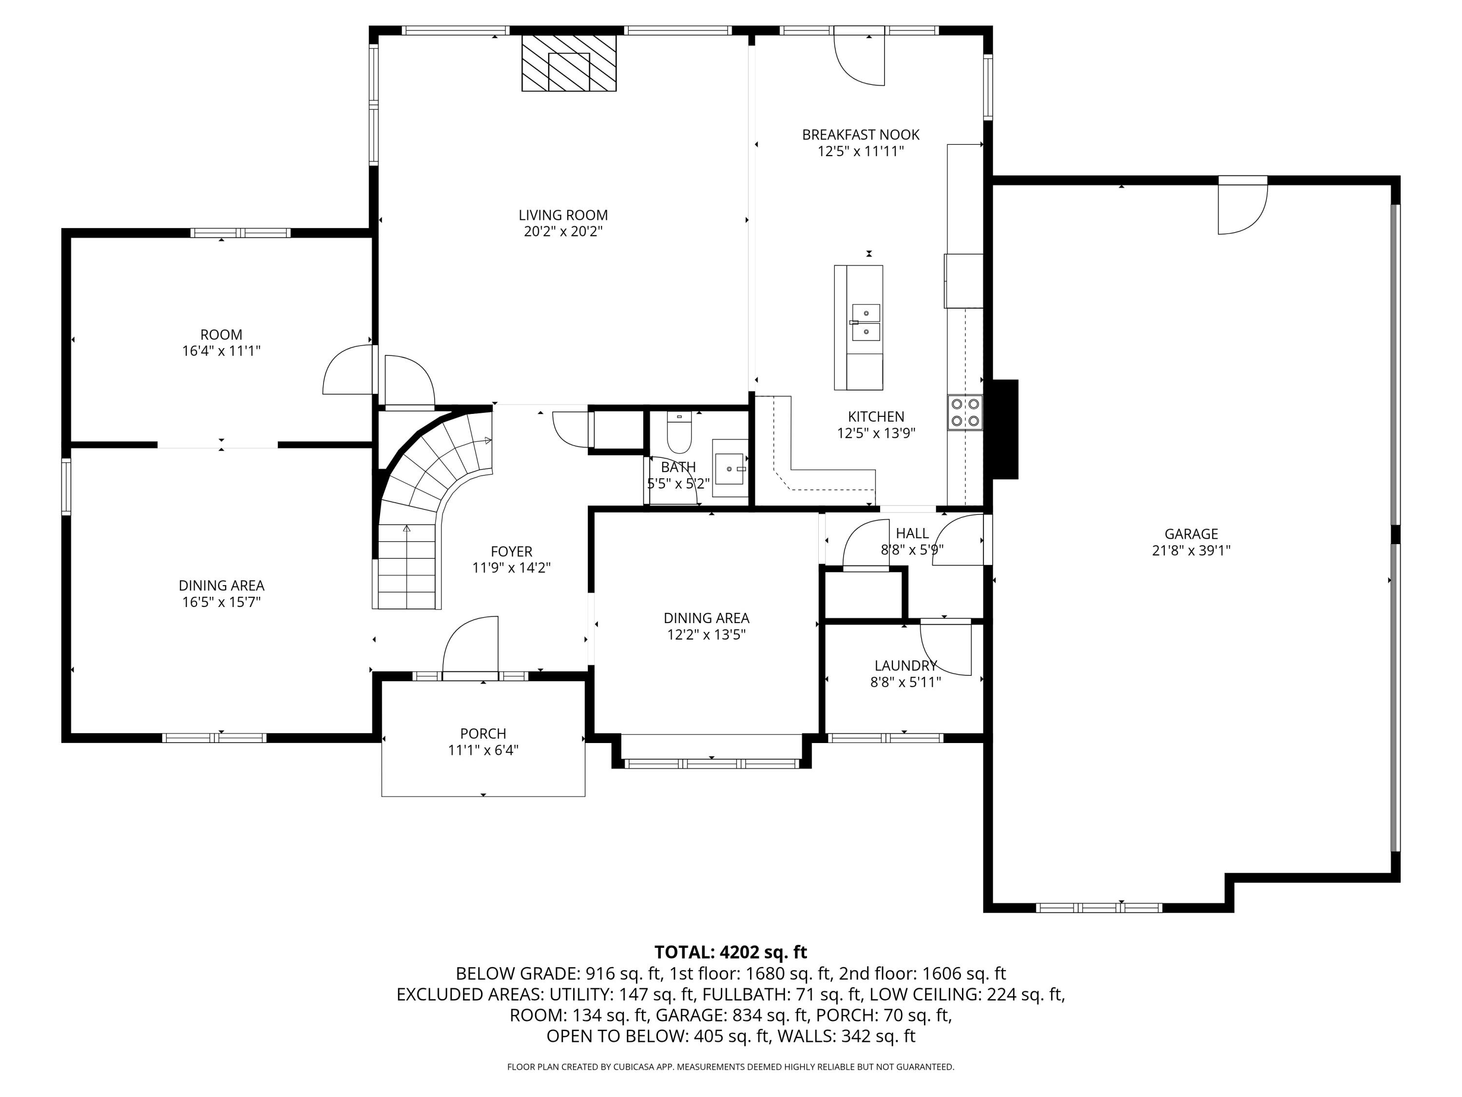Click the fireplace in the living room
tap(569, 63)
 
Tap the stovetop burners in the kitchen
tap(965, 412)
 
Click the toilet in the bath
tap(679, 431)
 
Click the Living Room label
tap(563, 215)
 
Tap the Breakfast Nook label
tap(861, 135)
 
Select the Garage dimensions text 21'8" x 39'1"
tap(1191, 550)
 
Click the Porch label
tap(483, 733)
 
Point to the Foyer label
tap(512, 551)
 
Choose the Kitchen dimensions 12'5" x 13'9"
tap(876, 433)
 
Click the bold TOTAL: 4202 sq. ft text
tap(731, 952)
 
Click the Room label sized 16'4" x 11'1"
tap(221, 334)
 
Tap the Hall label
tap(912, 533)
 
